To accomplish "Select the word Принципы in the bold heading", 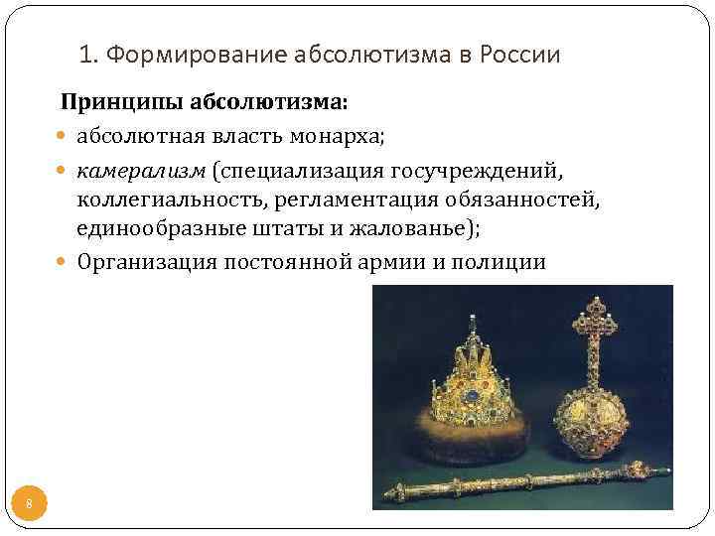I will pyautogui.click(x=110, y=102).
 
